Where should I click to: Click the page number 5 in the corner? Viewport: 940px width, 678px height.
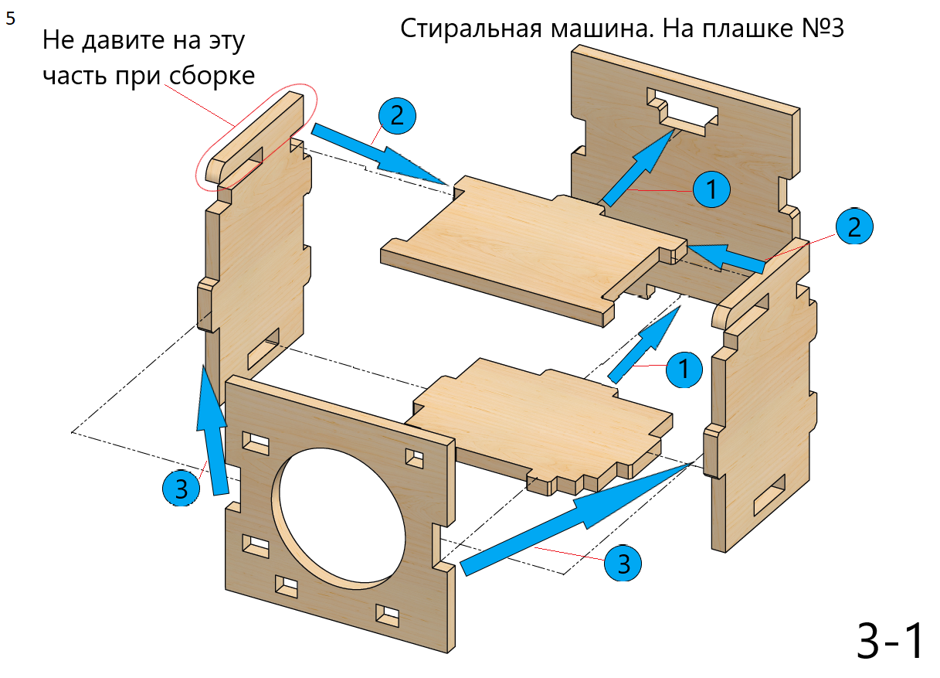click(10, 19)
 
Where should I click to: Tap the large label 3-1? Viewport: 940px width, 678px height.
click(890, 640)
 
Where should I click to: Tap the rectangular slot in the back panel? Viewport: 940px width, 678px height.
click(684, 112)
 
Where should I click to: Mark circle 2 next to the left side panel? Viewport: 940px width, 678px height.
click(397, 116)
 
